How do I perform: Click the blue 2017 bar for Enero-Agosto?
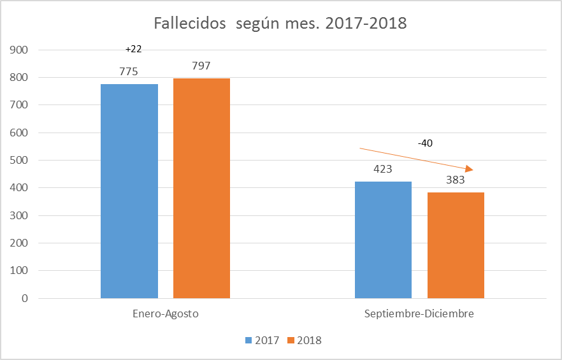tap(129, 191)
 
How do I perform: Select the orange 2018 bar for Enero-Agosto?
tap(201, 188)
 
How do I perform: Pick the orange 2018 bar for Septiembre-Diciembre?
tap(456, 245)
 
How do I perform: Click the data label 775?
tap(129, 72)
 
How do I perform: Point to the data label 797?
tap(201, 66)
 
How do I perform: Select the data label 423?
tap(382, 169)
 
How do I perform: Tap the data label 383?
tap(455, 180)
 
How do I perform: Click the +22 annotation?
tap(133, 49)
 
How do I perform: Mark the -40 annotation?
tap(425, 143)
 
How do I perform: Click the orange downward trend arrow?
tap(417, 159)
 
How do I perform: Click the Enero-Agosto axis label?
tap(166, 314)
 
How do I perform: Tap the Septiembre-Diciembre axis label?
tap(419, 314)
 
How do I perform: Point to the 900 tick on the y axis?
tap(19, 50)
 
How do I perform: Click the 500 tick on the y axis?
tap(19, 160)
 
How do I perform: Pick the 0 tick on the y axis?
tap(24, 298)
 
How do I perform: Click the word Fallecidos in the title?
tap(190, 24)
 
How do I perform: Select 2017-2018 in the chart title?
tap(366, 24)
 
